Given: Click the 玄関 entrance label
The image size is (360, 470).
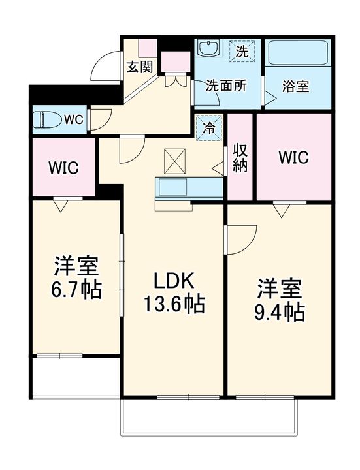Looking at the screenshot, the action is (140, 67).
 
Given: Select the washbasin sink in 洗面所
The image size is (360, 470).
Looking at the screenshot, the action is (209, 48).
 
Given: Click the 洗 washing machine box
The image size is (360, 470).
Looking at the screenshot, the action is (242, 51).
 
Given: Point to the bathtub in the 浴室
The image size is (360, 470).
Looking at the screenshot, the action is (298, 53).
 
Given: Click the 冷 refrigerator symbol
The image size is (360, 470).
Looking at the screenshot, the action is (209, 128).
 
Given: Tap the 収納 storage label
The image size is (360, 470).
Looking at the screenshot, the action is (240, 158).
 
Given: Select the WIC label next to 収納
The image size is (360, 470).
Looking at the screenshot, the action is (294, 157).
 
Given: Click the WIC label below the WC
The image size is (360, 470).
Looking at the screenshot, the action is (63, 168).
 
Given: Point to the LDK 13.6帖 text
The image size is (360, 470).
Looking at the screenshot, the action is (174, 292).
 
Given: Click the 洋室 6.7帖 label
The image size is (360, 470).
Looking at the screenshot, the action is (76, 277).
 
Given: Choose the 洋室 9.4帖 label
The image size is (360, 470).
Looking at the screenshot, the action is (280, 300).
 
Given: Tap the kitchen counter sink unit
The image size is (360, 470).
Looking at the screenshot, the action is (189, 189).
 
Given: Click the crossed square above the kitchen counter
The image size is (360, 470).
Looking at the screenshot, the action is (174, 161).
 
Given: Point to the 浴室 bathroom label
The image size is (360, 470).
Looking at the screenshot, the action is (295, 86).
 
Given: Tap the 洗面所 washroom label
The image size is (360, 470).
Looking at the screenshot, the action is (226, 86).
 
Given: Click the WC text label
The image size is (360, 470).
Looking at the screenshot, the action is (74, 120).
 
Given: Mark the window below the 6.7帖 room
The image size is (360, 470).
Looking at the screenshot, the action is (59, 356).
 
